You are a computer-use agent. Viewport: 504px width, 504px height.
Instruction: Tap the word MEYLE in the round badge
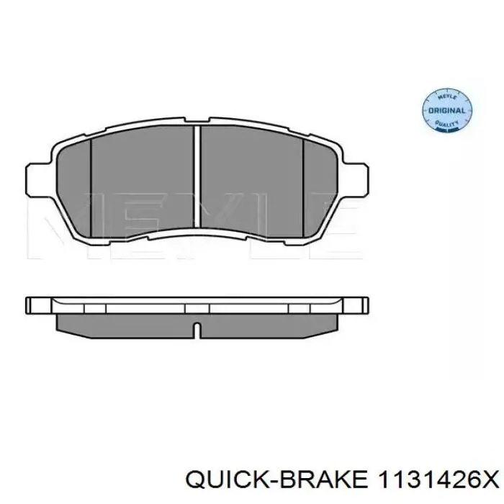tap(447, 96)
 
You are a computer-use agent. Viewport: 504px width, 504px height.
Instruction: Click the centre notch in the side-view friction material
tap(197, 328)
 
